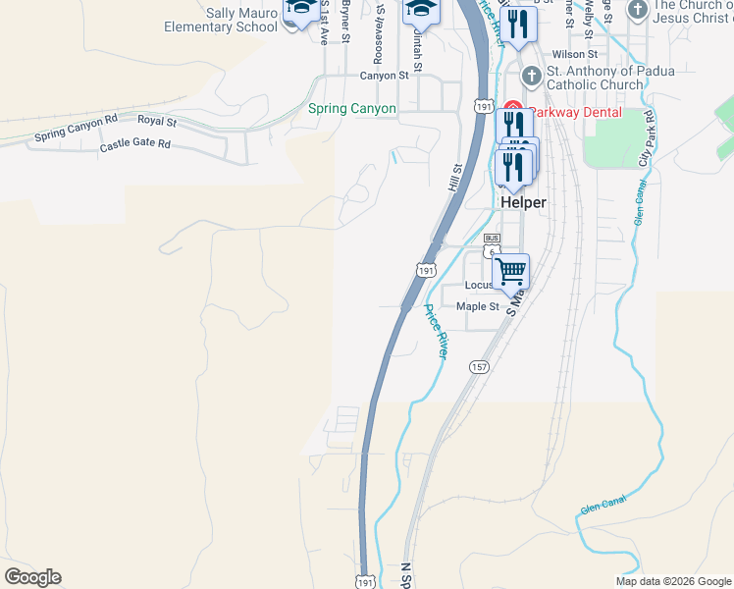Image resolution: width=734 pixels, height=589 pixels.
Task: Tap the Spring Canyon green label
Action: [352, 109]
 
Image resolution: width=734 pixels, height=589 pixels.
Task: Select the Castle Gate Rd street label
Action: [134, 145]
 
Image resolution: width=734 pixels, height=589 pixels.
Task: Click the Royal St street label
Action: [156, 122]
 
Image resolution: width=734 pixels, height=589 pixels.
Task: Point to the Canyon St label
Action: [383, 75]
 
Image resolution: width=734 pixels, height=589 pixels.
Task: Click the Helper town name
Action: [522, 201]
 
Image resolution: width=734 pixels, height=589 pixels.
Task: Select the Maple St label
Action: [478, 306]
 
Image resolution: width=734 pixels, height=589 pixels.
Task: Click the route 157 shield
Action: [479, 367]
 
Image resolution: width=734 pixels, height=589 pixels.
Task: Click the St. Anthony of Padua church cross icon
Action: [531, 76]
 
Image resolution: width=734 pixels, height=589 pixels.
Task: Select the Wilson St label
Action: [575, 54]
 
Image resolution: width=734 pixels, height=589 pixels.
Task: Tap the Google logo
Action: [32, 577]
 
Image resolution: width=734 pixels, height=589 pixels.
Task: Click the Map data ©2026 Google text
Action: [672, 581]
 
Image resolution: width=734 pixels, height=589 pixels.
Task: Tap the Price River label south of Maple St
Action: [435, 331]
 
